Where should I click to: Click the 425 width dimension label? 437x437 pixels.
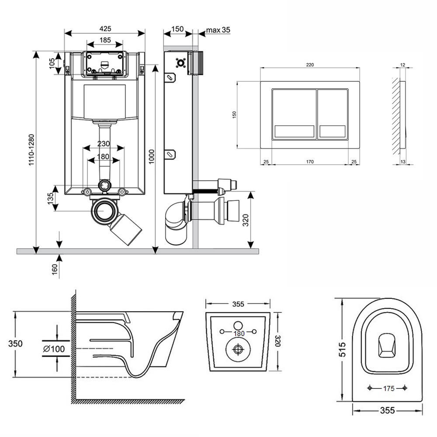[x=105, y=28]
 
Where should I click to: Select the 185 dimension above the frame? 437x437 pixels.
[x=105, y=40]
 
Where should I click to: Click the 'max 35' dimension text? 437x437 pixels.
[x=218, y=30]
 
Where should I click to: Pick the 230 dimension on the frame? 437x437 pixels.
[x=104, y=144]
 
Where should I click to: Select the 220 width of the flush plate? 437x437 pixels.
[x=309, y=65]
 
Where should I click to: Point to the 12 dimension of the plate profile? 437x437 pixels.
[x=402, y=65]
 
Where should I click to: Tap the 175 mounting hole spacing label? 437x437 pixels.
[x=388, y=388]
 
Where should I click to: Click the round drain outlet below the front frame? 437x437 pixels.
[x=104, y=211]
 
